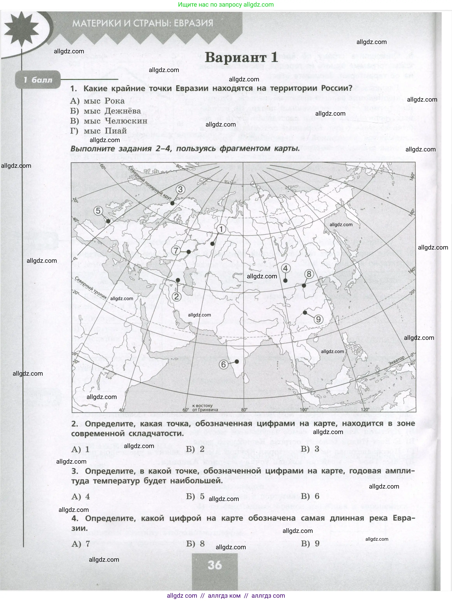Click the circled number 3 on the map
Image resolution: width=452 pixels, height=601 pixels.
coord(180,189)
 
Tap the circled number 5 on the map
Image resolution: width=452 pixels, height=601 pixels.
coord(98,211)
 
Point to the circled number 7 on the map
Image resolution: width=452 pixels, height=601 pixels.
coord(176,250)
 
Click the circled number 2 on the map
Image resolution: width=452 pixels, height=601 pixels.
coord(176,296)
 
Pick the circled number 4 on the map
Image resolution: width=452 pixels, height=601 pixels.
coord(285,268)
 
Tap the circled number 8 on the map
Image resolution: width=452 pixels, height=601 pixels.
coord(309,274)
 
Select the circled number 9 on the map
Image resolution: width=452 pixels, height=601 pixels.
coord(318,319)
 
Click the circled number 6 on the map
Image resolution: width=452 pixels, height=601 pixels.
coord(223,364)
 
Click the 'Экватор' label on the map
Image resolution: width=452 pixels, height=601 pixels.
coord(396,361)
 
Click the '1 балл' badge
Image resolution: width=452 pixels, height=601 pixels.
coord(38,80)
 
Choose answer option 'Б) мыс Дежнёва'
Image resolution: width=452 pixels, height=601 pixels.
coord(105,111)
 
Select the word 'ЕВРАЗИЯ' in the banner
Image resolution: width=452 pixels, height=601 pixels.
coord(193,23)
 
